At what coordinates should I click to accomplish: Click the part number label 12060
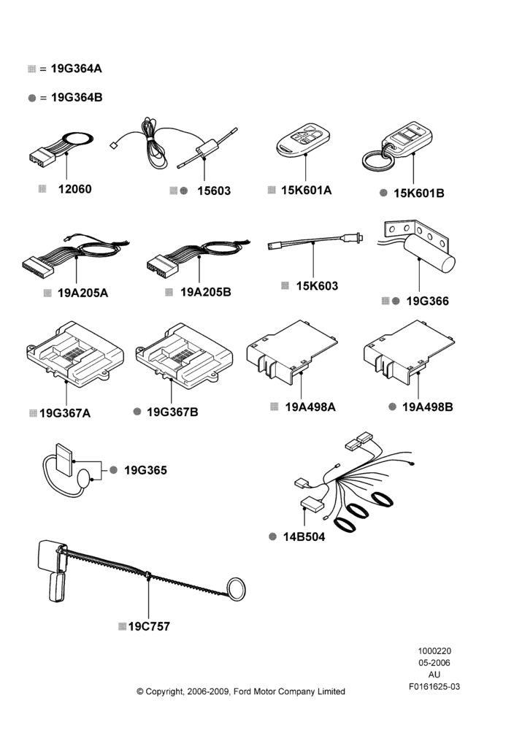point(75,189)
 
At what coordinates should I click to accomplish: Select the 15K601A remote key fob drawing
point(303,139)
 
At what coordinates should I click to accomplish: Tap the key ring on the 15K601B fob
point(377,159)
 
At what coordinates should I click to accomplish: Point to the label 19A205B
point(206,292)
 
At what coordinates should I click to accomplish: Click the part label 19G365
point(145,470)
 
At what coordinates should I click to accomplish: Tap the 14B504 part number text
point(304,537)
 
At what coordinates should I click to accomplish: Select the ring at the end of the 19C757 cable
point(237,589)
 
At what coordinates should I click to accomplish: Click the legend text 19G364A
point(77,69)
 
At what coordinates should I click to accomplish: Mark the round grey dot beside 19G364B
point(31,98)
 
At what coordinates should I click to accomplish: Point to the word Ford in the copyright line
point(242,691)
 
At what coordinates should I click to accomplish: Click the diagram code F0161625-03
point(434,686)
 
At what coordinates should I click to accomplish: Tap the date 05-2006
point(434,663)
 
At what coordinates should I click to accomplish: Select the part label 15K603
point(317,286)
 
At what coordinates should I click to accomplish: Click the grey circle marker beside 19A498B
point(393,407)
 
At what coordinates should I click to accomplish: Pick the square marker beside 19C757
point(123,626)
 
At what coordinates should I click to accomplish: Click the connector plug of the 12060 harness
point(43,156)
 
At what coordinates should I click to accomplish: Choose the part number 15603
point(214,191)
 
